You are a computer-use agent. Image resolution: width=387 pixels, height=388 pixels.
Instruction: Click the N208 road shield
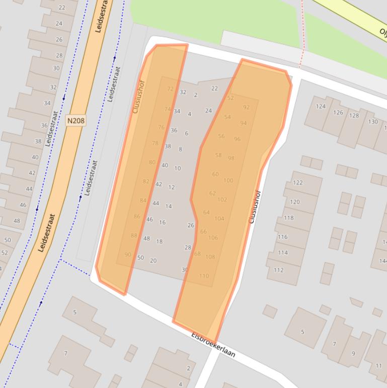75,121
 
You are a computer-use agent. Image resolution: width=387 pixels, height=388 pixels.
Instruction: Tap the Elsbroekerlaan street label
213,345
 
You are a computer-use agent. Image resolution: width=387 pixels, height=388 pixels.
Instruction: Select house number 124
321,106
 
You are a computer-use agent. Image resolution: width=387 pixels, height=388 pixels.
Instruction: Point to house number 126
338,112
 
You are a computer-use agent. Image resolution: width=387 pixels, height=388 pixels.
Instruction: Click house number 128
354,115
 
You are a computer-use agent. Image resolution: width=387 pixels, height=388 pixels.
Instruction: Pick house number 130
373,121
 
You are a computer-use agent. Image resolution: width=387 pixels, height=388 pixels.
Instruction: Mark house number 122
298,182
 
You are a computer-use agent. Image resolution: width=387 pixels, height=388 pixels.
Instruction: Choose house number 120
295,202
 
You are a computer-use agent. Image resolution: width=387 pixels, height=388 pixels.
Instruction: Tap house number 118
289,218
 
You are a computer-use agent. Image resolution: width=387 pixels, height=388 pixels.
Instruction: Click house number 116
283,237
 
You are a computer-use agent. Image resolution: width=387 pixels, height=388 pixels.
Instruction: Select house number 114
283,252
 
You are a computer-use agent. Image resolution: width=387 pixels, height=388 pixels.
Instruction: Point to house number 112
279,270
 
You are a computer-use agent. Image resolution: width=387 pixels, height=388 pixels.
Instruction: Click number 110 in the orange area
204,276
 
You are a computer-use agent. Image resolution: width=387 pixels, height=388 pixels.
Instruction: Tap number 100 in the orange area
228,180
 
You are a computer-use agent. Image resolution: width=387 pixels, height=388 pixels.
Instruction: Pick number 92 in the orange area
246,107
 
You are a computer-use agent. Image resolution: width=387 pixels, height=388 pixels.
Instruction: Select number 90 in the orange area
128,254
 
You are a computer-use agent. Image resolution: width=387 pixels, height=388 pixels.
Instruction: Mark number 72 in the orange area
170,89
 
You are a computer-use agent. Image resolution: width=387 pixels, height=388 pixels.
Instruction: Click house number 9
353,353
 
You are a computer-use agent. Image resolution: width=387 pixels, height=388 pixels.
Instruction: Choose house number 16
162,222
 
